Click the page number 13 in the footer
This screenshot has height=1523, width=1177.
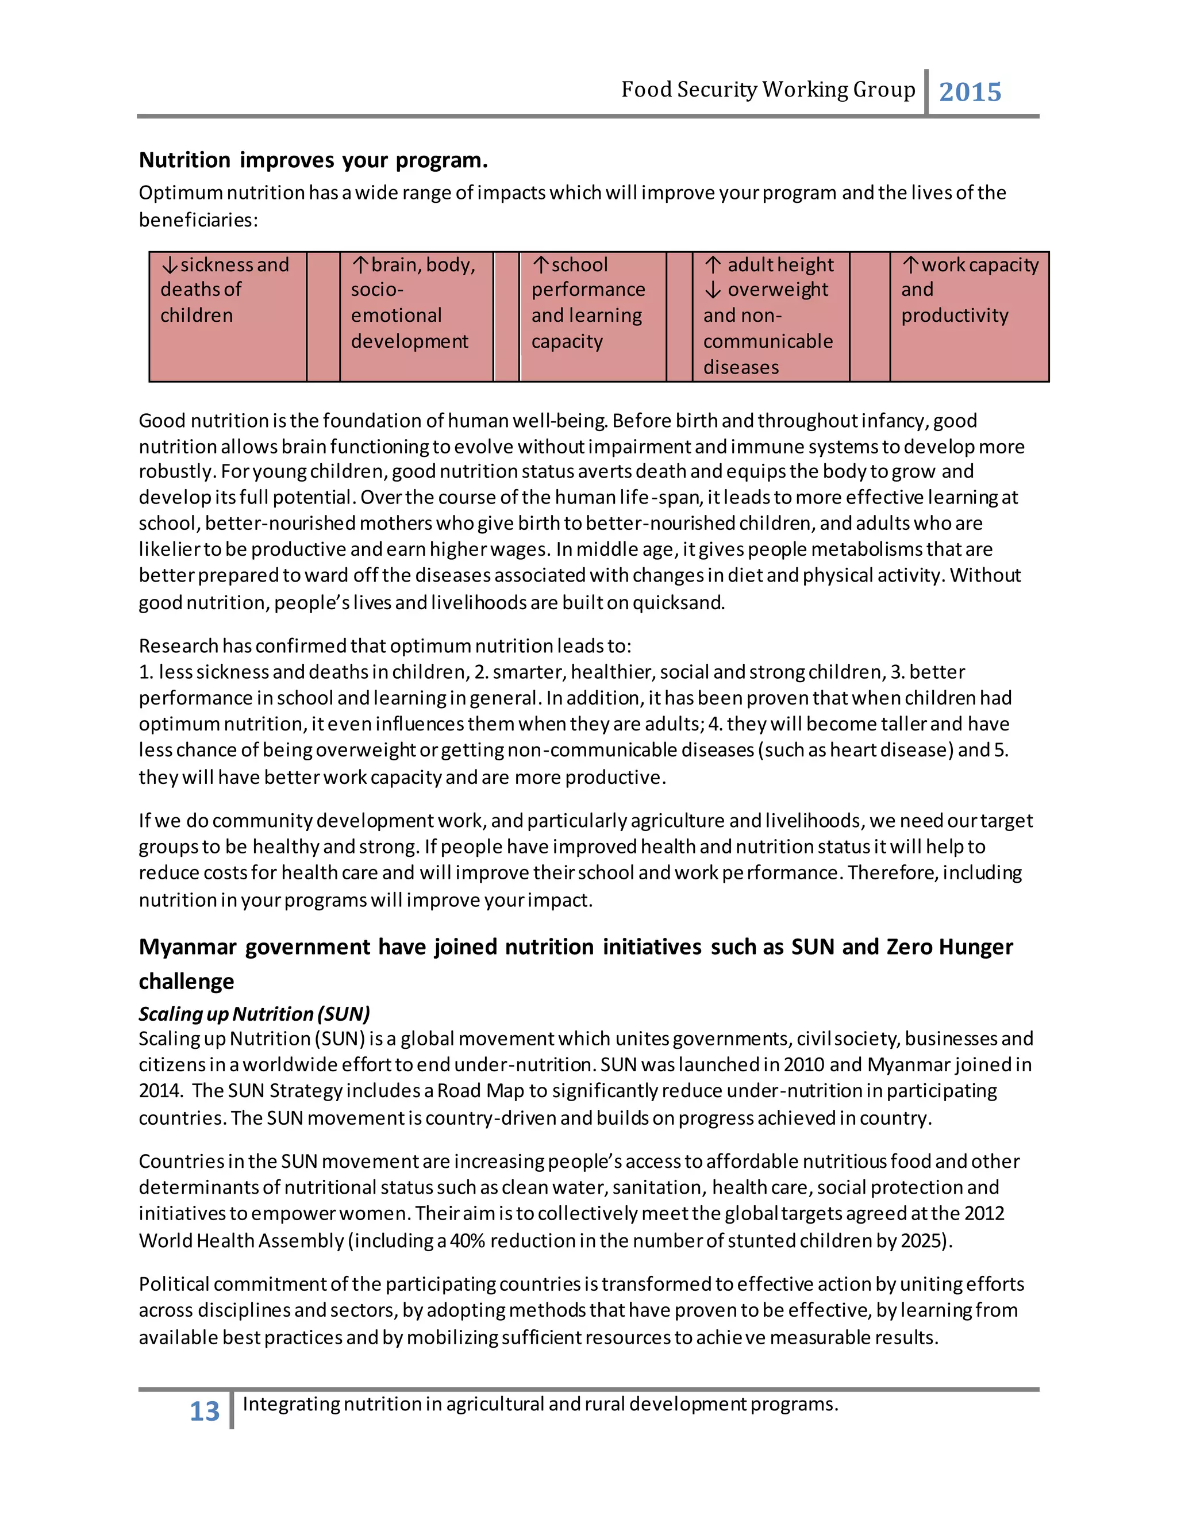(204, 1412)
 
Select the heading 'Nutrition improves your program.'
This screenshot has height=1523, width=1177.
(313, 160)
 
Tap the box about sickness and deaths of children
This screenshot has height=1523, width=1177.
(228, 316)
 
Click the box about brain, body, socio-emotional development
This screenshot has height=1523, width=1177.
(416, 316)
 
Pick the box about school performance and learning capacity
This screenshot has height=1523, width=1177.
(592, 316)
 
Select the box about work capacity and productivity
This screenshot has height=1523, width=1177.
(969, 316)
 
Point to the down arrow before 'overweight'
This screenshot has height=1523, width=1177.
(713, 290)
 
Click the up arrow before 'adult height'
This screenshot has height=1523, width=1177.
(713, 265)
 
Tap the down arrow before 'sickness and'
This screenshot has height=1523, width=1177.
(170, 265)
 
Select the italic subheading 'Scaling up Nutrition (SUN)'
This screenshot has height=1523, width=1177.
(254, 1013)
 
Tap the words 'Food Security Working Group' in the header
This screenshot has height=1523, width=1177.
(768, 90)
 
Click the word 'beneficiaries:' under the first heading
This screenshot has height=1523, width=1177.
(198, 220)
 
